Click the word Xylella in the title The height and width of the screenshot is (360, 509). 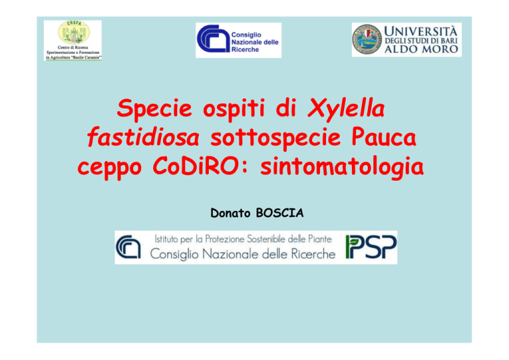click(346, 109)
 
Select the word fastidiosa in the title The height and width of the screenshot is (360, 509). click(143, 137)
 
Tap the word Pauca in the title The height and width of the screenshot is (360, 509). click(383, 137)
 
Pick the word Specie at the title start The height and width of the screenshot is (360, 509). click(154, 109)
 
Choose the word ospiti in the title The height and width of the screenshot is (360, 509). click(234, 109)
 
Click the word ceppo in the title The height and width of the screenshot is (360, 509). click(110, 168)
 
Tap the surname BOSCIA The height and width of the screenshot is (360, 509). click(280, 213)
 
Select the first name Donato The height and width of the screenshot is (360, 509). click(231, 213)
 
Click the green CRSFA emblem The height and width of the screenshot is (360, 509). click(74, 32)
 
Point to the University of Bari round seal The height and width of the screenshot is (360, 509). click(367, 40)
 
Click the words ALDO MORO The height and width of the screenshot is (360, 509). click(421, 49)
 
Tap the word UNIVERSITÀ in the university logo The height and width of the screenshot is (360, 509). click(421, 31)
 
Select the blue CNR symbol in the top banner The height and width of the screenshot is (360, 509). click(213, 38)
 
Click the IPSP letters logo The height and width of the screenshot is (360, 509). click(371, 247)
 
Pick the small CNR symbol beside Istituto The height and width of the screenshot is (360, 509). click(128, 247)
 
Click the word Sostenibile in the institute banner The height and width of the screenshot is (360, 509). click(266, 239)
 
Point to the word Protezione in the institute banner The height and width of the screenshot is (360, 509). click(225, 239)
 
